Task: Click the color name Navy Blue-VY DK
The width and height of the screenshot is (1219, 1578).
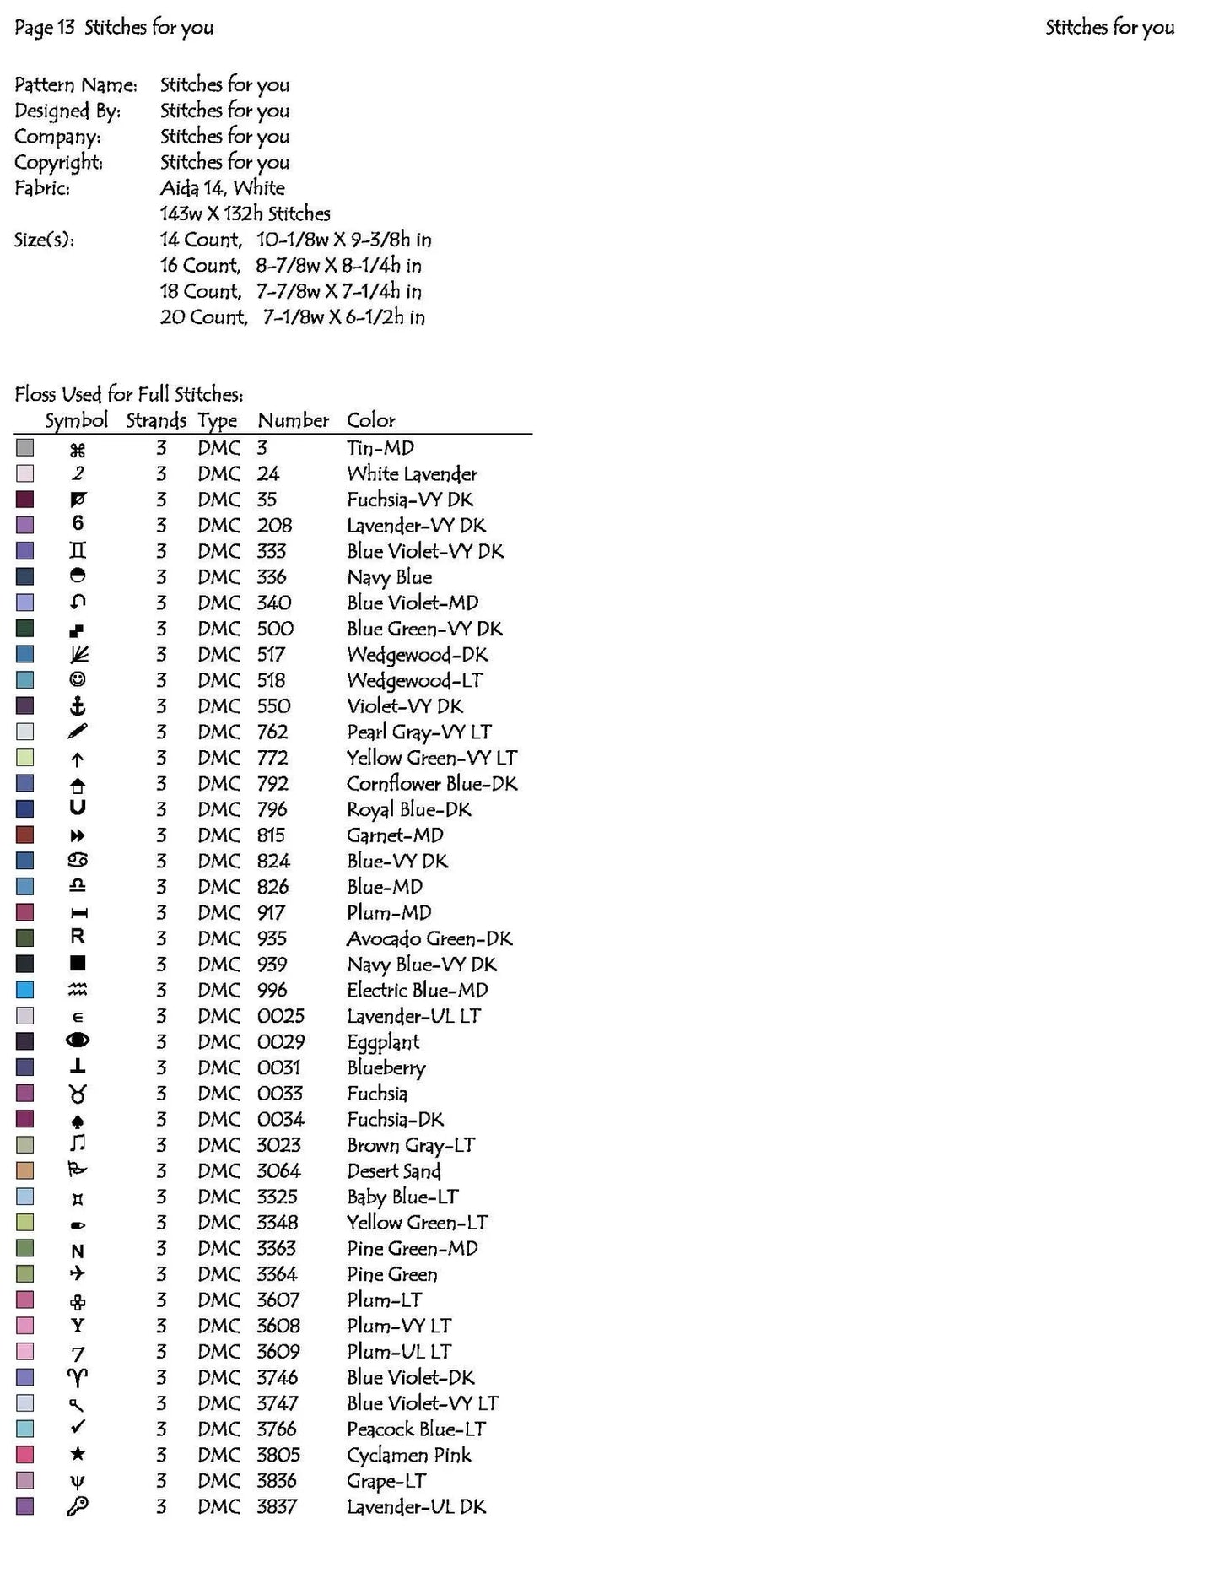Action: coord(422,965)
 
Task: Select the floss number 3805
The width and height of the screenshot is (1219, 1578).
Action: coord(278,1455)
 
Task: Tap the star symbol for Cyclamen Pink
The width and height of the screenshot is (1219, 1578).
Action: coord(78,1454)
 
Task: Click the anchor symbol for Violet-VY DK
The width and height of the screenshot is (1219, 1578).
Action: coord(78,706)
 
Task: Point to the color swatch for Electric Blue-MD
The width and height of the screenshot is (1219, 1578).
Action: coord(25,990)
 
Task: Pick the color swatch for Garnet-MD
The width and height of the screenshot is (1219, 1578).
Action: coord(25,835)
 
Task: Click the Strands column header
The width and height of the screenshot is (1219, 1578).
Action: coord(156,420)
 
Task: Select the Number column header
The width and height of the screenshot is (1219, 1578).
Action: coord(293,420)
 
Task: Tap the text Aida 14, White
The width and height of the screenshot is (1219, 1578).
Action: coord(223,187)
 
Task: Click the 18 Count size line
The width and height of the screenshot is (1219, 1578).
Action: coord(291,291)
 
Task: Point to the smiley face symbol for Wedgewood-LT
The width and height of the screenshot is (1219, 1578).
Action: coord(78,679)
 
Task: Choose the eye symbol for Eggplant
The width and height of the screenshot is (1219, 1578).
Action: coord(78,1041)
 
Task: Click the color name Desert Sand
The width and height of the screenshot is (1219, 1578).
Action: coord(394,1171)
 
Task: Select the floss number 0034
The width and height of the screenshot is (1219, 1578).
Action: coord(281,1119)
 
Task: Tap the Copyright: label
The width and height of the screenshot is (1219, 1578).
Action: coord(58,162)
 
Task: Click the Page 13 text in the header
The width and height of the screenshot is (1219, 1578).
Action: coord(45,27)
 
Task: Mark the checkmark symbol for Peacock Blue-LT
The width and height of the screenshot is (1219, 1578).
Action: coord(78,1428)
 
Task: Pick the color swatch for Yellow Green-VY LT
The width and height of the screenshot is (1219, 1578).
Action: coord(25,757)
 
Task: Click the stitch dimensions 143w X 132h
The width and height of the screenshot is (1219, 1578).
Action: coord(245,213)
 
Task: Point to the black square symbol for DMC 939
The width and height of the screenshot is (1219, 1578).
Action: coord(78,964)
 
